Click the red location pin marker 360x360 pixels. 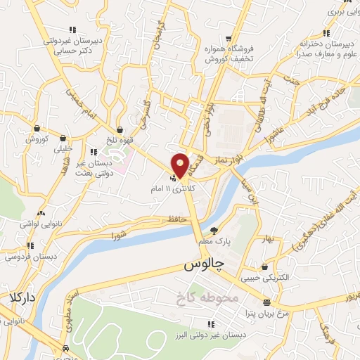pyautogui.click(x=181, y=165)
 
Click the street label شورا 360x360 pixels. pyautogui.click(x=117, y=234)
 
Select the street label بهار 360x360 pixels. pyautogui.click(x=264, y=240)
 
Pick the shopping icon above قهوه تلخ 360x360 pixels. pyautogui.click(x=121, y=129)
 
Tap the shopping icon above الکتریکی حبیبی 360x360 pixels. pyautogui.click(x=264, y=268)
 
